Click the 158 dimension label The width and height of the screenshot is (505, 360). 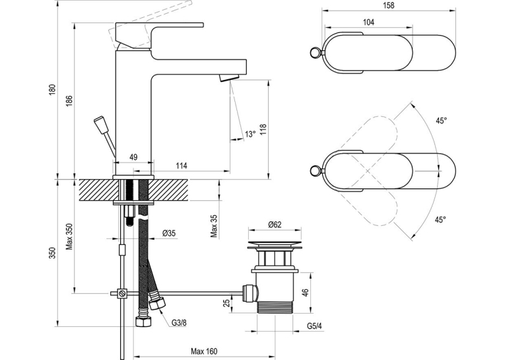coord(389,5)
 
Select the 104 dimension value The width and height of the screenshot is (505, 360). coord(368,22)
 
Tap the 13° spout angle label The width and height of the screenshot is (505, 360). coord(250,133)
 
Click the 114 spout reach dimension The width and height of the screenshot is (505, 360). coord(182,166)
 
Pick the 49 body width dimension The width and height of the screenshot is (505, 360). coord(133,157)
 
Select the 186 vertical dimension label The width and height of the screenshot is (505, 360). coord(70,101)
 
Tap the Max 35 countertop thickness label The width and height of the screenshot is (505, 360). coord(215,227)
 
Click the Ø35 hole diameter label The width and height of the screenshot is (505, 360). coord(169,233)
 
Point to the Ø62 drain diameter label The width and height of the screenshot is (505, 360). coord(275,225)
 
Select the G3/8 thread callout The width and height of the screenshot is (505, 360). coord(179,323)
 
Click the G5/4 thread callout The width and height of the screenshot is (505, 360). coord(314,326)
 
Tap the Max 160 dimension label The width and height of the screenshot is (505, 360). coord(204,351)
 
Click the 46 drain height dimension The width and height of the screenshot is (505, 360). coord(306,293)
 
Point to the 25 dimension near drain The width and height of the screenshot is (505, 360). coord(226,303)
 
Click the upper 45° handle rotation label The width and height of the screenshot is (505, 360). coord(441,121)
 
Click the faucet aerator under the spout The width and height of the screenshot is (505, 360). coord(229,78)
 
